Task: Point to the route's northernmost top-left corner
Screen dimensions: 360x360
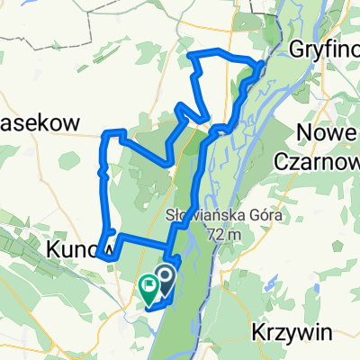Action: click(191, 56)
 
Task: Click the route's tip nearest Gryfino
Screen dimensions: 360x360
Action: click(262, 65)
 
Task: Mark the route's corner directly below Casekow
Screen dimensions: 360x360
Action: click(109, 135)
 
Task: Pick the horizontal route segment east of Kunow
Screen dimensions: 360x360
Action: click(144, 239)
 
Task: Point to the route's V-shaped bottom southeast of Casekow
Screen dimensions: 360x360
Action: click(167, 163)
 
